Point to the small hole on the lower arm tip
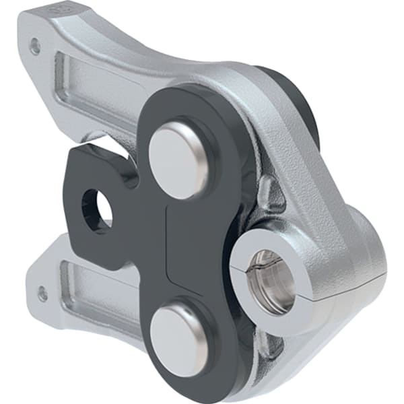point(42,294)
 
